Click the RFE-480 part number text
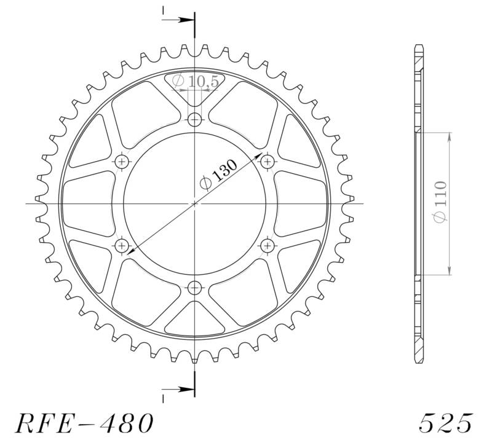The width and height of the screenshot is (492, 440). click(83, 423)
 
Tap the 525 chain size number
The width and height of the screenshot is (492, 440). click(446, 423)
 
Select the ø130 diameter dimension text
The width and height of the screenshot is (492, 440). click(219, 174)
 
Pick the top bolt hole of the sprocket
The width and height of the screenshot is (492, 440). click(195, 119)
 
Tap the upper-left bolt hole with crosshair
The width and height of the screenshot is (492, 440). click(122, 162)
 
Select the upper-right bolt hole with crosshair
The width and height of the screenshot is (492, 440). click(267, 162)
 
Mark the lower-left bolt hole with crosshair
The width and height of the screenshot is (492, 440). click(122, 246)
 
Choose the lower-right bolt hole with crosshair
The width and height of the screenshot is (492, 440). click(267, 246)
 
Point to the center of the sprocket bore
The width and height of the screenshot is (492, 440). click(195, 203)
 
